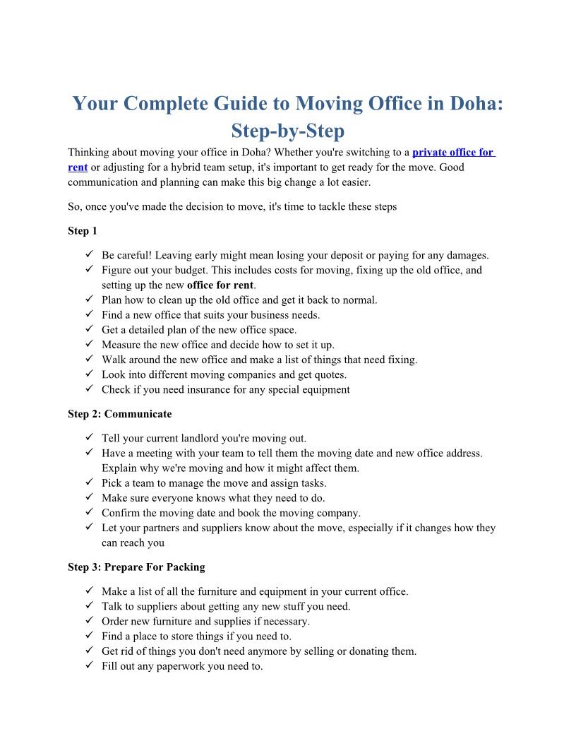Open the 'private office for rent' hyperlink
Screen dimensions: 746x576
(452, 153)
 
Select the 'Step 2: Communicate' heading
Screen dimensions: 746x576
(119, 414)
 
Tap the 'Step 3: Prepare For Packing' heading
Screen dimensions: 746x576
(136, 567)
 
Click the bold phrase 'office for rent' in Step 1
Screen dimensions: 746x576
(220, 285)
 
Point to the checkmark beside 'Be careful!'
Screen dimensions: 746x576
(89, 255)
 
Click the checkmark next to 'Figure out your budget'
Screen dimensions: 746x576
(89, 270)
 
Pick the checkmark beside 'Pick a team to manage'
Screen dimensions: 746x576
(89, 483)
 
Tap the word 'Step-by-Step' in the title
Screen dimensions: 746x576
(288, 131)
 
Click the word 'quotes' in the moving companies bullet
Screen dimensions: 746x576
(330, 374)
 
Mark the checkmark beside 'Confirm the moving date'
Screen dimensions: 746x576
(89, 513)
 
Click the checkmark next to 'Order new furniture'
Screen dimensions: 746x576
(89, 621)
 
